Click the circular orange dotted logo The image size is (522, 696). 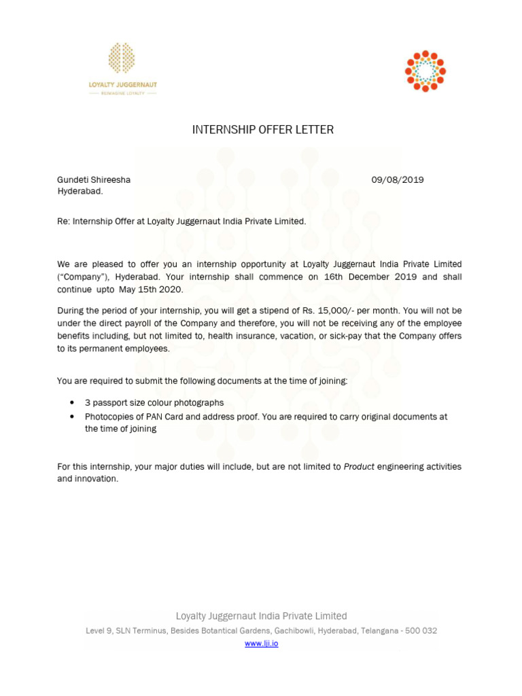[x=425, y=71]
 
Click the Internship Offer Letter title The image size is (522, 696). [x=263, y=130]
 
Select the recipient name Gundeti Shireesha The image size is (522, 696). [x=94, y=180]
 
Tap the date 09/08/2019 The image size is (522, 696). [x=397, y=180]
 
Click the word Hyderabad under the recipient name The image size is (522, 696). [x=80, y=192]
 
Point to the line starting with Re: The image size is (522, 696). [x=182, y=222]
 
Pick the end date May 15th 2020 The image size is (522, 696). [x=151, y=290]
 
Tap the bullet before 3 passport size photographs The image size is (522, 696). [x=72, y=403]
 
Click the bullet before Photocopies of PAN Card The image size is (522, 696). [x=72, y=417]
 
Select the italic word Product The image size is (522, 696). [x=359, y=467]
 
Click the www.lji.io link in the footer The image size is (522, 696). [x=261, y=643]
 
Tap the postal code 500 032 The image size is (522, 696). [x=421, y=631]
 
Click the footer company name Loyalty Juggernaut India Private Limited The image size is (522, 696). [x=261, y=616]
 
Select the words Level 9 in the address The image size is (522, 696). [x=99, y=631]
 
